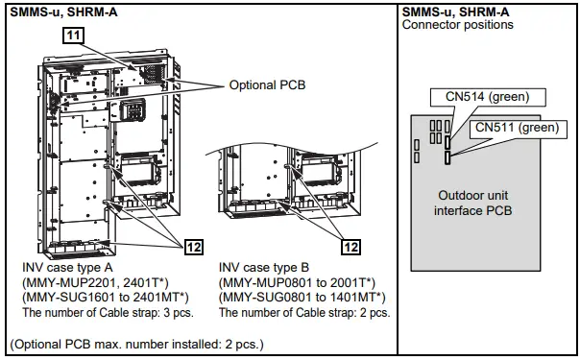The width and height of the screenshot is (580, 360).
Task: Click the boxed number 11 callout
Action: (73, 36)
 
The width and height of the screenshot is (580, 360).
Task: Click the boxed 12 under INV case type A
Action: (194, 247)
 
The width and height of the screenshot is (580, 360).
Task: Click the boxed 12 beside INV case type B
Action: (351, 247)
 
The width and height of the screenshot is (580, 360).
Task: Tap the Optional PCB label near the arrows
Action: (267, 85)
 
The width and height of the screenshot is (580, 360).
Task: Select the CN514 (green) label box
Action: (488, 97)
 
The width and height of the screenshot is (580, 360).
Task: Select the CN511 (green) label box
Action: (518, 128)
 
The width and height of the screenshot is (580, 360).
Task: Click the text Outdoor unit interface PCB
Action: (472, 203)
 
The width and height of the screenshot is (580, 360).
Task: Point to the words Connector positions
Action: (457, 25)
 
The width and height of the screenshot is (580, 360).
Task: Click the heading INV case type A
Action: (67, 267)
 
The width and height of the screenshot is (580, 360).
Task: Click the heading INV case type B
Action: (264, 267)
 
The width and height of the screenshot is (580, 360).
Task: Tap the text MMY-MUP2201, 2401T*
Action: (95, 283)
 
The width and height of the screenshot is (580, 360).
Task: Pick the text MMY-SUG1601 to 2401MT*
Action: (106, 298)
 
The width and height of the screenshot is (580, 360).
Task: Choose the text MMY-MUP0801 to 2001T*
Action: (297, 283)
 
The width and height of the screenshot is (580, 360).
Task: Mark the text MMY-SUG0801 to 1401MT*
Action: (302, 298)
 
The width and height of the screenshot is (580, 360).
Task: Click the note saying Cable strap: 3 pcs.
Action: (108, 313)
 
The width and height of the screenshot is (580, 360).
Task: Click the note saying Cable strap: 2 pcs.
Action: (304, 313)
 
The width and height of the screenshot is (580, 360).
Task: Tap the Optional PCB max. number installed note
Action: (137, 345)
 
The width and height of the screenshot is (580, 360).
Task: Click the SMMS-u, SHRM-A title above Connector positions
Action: (455, 12)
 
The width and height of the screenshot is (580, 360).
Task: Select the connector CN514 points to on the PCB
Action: (447, 143)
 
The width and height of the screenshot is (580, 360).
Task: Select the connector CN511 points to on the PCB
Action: (447, 157)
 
